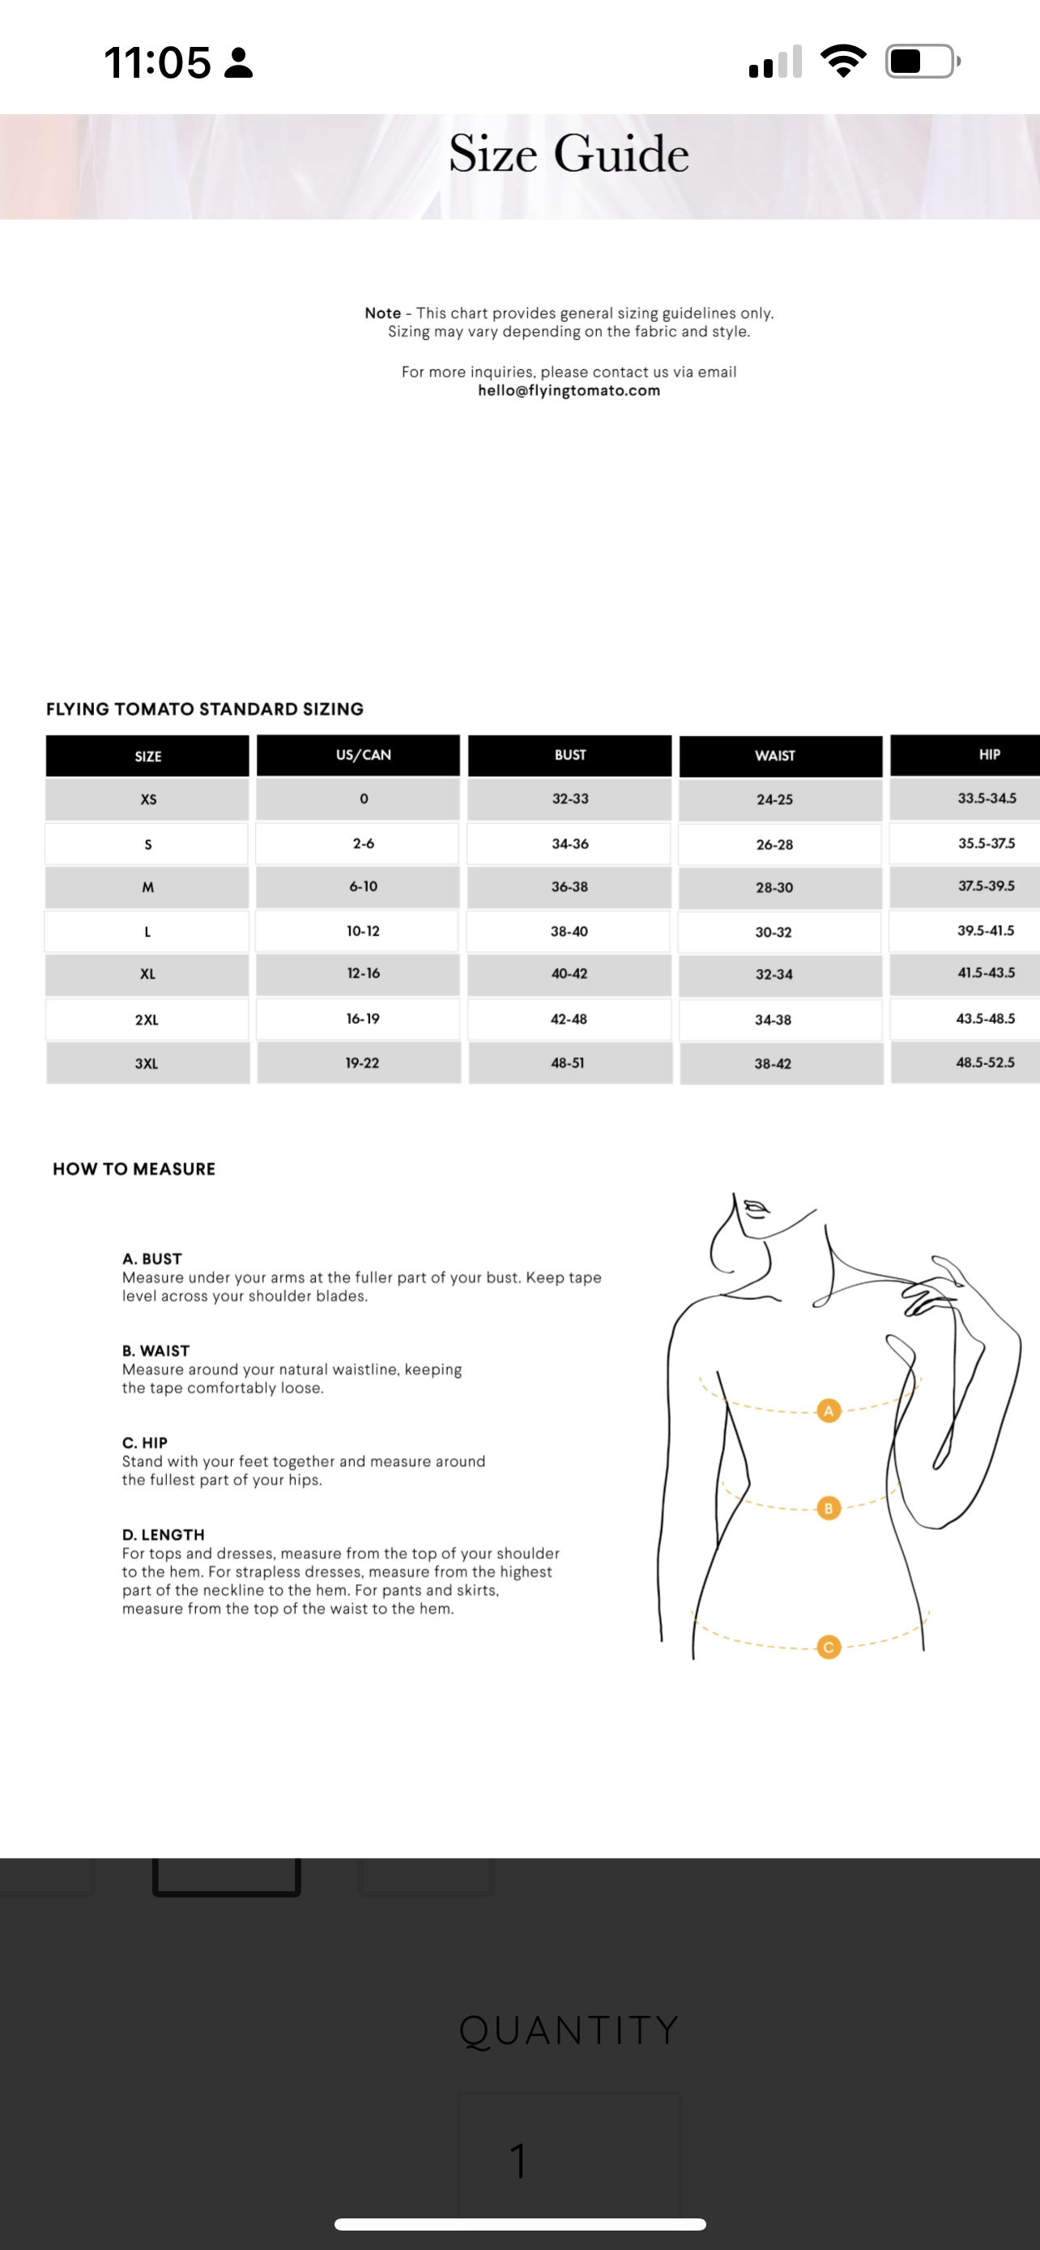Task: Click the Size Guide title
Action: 569,154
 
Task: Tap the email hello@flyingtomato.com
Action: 569,390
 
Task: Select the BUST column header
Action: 569,755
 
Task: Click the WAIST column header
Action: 774,756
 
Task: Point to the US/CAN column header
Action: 363,755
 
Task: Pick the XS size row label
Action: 148,799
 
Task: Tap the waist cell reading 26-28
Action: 774,845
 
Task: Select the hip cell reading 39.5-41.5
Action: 985,931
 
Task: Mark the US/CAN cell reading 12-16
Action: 363,973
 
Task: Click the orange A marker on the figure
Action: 828,1410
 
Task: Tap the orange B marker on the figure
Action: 828,1507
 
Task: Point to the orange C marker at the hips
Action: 828,1647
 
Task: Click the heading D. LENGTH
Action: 164,1535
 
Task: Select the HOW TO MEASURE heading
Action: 134,1169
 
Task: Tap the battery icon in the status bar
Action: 921,61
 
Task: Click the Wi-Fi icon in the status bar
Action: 842,61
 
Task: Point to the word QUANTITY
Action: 569,2030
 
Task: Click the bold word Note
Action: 382,313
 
